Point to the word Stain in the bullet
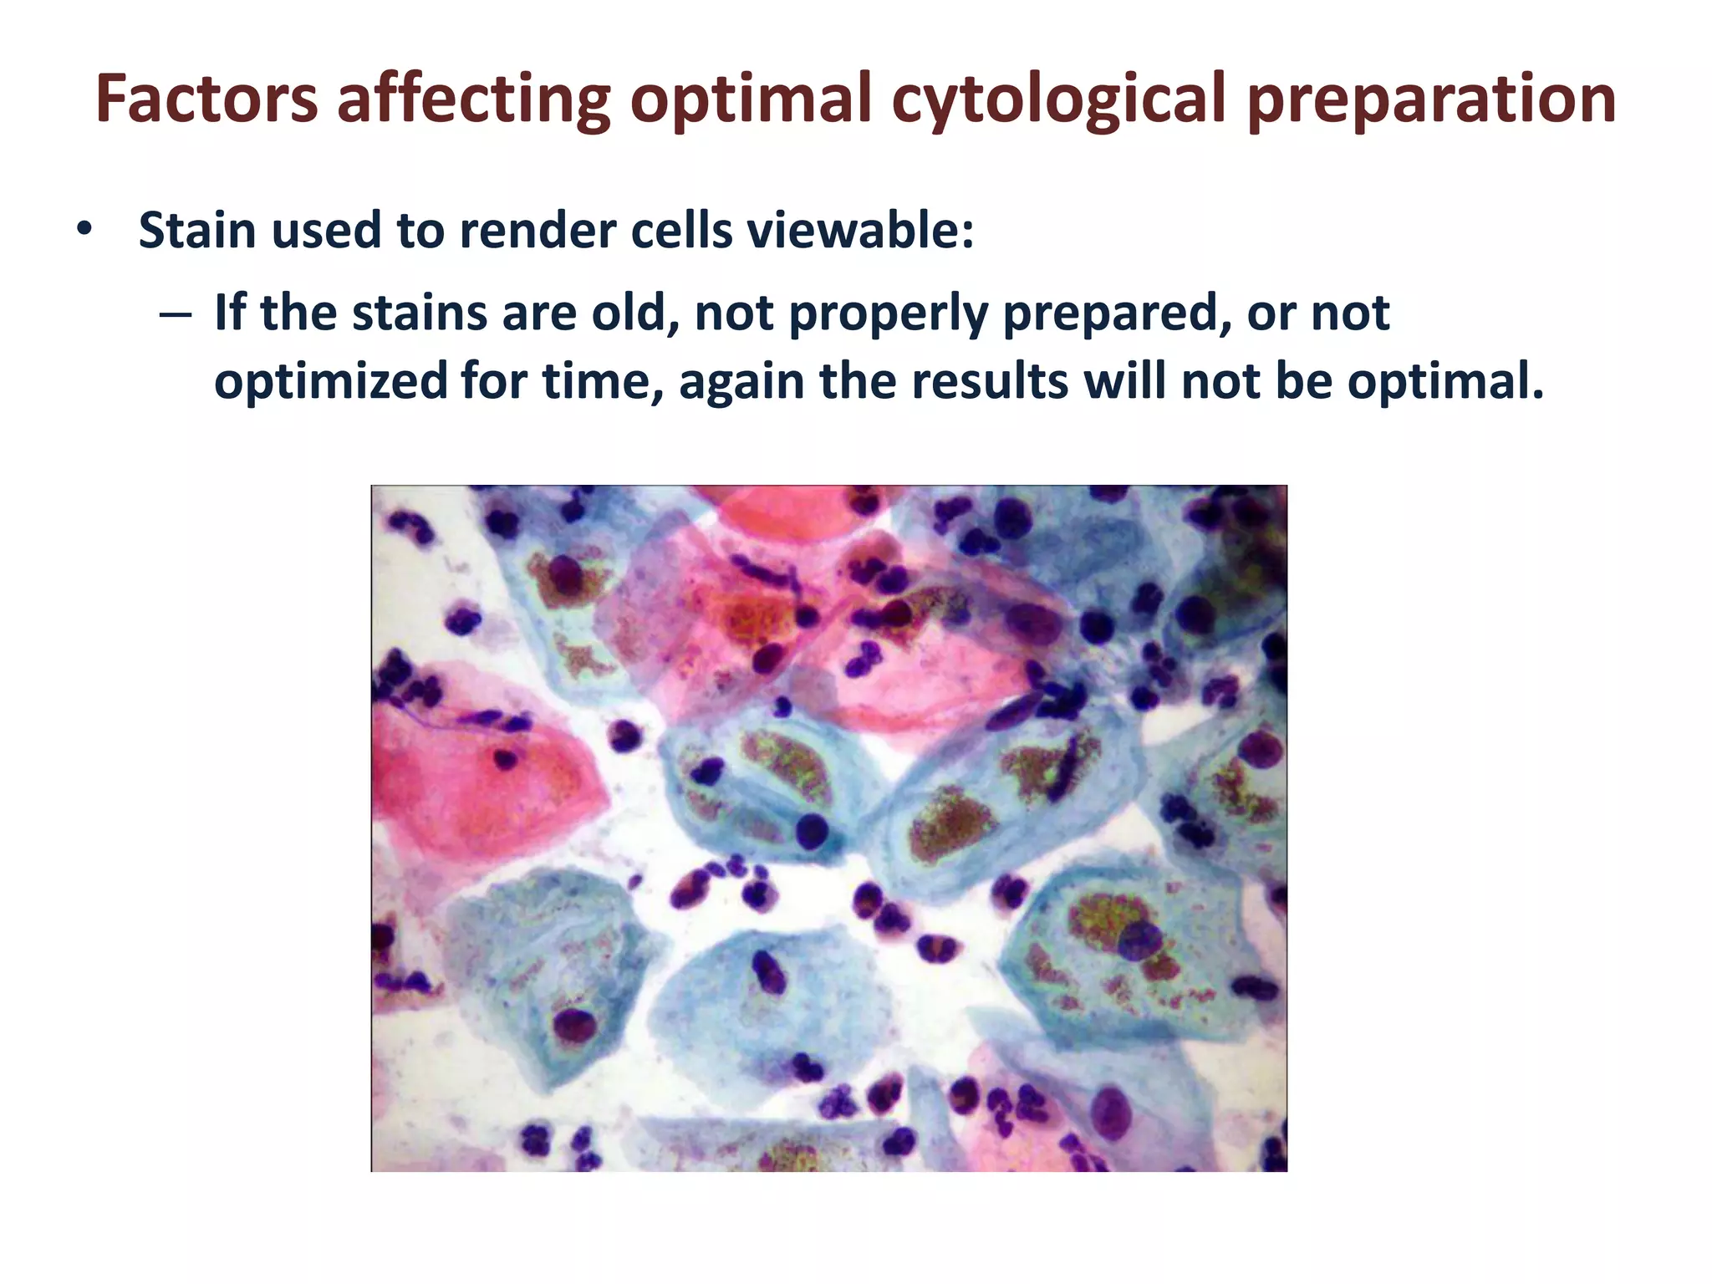pyautogui.click(x=198, y=230)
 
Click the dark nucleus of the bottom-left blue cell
pyautogui.click(x=573, y=1023)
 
